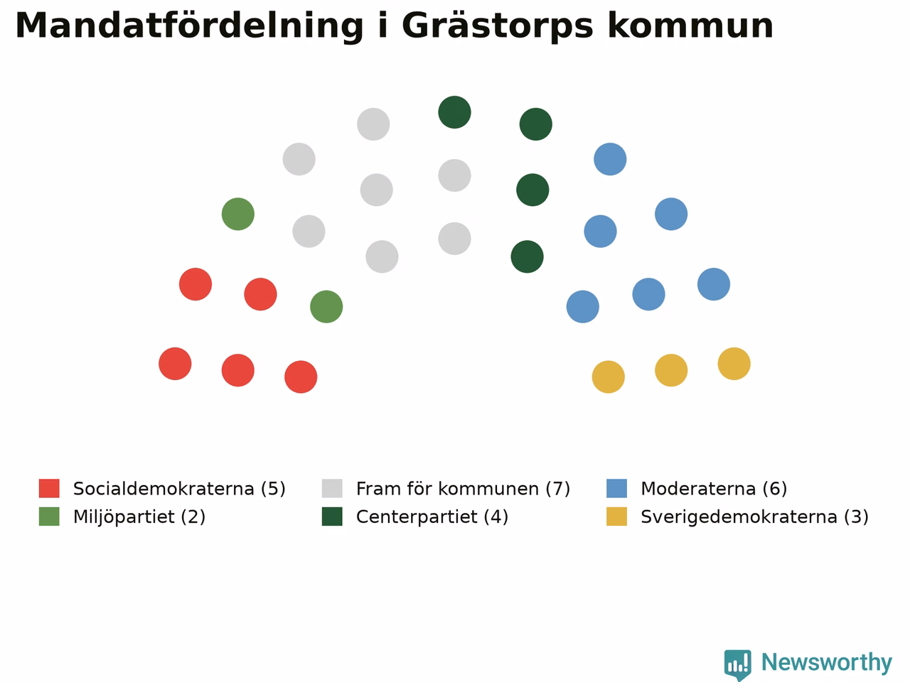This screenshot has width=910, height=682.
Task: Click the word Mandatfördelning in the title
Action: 189,26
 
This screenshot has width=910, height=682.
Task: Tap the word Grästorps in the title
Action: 498,26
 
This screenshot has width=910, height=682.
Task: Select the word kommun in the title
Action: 690,26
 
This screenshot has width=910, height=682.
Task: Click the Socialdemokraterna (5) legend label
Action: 179,489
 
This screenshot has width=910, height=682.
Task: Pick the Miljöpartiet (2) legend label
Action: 139,516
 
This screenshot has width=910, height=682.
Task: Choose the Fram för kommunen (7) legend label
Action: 463,489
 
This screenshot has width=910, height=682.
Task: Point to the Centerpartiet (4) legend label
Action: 432,516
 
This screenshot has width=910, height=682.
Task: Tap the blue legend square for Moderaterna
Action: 616,488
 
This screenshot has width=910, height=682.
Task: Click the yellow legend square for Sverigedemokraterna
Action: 616,516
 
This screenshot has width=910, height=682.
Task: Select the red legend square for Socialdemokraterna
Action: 49,488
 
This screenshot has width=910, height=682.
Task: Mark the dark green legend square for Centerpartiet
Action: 332,516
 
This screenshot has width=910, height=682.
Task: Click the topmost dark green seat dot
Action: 454,112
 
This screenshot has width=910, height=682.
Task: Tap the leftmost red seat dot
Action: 175,364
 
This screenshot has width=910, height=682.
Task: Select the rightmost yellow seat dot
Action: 734,364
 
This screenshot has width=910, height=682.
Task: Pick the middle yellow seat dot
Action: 671,370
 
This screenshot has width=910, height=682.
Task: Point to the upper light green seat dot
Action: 238,214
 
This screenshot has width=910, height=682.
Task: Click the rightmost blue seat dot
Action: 714,284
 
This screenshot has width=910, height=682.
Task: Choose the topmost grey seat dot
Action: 373,124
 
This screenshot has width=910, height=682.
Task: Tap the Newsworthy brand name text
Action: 827,663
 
